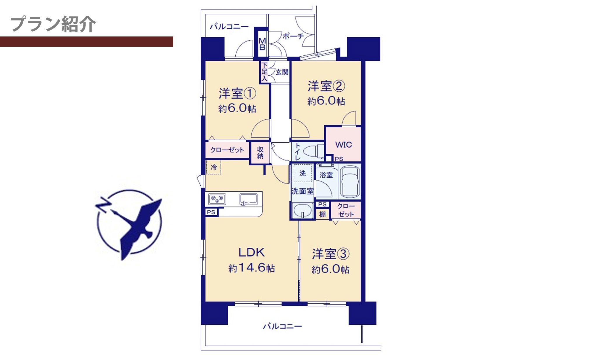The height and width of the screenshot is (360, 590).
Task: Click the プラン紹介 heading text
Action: (53, 24)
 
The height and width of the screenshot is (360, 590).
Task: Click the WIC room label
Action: (344, 144)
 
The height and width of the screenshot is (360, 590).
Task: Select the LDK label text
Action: (251, 252)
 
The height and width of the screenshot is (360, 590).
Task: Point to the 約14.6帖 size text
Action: (251, 268)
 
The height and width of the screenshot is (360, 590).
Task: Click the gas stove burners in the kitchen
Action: (217, 199)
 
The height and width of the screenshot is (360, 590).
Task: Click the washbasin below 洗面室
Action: (302, 210)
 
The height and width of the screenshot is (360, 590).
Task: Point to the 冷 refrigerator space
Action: (213, 167)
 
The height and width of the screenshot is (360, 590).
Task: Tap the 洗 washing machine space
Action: (302, 173)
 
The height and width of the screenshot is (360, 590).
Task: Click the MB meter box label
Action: (262, 44)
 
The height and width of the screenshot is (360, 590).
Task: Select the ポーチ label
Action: (293, 36)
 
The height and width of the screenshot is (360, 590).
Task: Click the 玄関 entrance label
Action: (282, 72)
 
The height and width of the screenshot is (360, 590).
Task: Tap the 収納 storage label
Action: (260, 153)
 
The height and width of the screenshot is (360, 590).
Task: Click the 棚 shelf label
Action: (322, 214)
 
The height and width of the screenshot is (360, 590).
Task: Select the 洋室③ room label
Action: (330, 254)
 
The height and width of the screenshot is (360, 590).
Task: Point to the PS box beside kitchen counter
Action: (211, 212)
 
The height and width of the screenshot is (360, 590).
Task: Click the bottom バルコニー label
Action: (282, 326)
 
